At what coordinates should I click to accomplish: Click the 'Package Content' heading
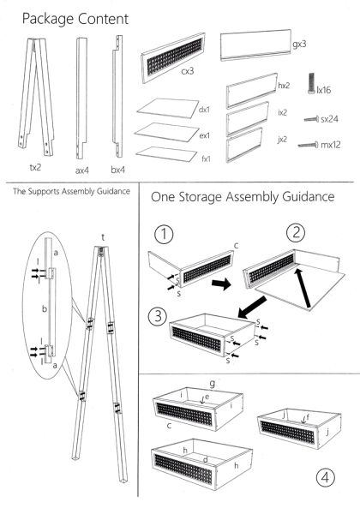[x=75, y=19]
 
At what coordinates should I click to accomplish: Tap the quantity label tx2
[x=35, y=168]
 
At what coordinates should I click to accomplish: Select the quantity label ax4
[x=82, y=170]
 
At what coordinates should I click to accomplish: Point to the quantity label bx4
[x=118, y=170]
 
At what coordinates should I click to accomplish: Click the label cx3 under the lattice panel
[x=187, y=71]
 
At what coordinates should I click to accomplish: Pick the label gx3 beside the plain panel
[x=299, y=44]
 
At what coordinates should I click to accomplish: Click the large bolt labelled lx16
[x=311, y=84]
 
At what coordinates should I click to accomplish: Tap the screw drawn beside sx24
[x=311, y=119]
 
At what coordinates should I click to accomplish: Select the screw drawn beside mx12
[x=309, y=144]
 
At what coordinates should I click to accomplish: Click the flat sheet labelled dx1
[x=168, y=108]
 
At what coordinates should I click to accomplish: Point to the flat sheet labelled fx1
[x=166, y=154]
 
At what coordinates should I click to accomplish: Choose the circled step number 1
[x=163, y=235]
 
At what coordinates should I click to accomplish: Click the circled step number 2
[x=296, y=232]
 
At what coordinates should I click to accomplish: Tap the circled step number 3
[x=158, y=316]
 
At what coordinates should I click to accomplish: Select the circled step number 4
[x=326, y=477]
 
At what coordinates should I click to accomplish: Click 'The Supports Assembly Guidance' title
[x=71, y=191]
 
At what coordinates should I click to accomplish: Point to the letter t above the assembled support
[x=103, y=237]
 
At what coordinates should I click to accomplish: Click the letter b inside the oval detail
[x=45, y=308]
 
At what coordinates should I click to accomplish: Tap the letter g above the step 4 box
[x=212, y=383]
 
